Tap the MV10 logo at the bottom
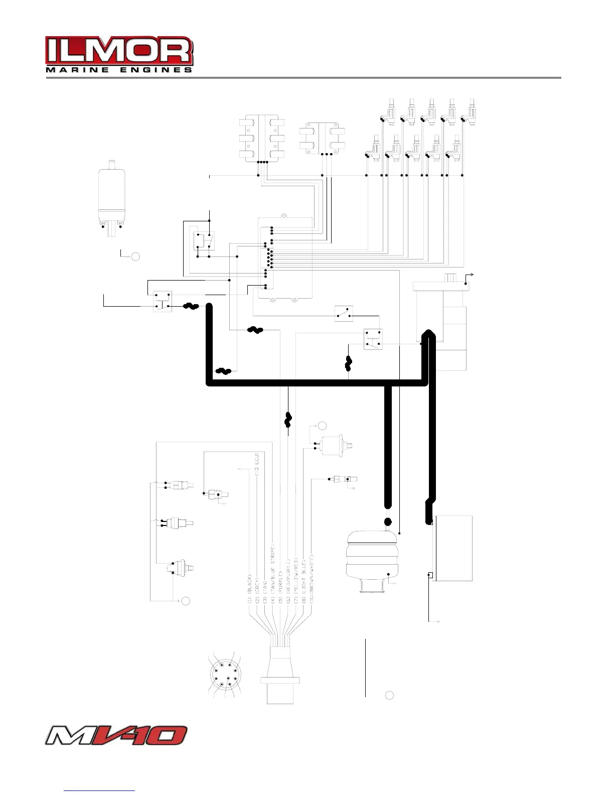coord(116,736)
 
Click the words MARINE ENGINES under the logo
coord(119,70)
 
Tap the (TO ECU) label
coord(257,464)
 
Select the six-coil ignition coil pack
coord(262,138)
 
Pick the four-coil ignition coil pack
coord(322,137)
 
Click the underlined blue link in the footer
coord(99,790)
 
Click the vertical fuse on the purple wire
coord(288,420)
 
